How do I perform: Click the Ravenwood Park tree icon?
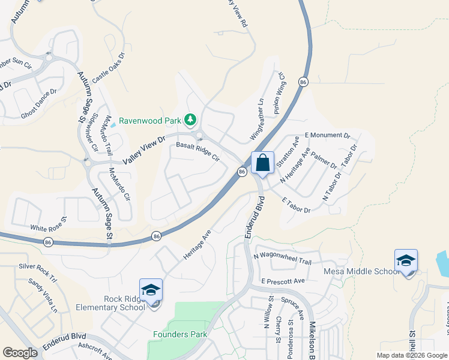[191, 120]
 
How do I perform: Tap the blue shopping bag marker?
[262, 162]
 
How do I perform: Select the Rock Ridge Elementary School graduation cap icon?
[151, 290]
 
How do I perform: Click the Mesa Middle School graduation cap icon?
[406, 261]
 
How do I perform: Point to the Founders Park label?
[180, 334]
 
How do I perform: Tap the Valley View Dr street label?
[143, 151]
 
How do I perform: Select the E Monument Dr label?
[327, 136]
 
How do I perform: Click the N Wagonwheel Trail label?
[282, 257]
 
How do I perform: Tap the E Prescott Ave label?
[283, 280]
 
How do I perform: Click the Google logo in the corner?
[20, 353]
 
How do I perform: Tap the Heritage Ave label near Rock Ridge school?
[197, 244]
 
